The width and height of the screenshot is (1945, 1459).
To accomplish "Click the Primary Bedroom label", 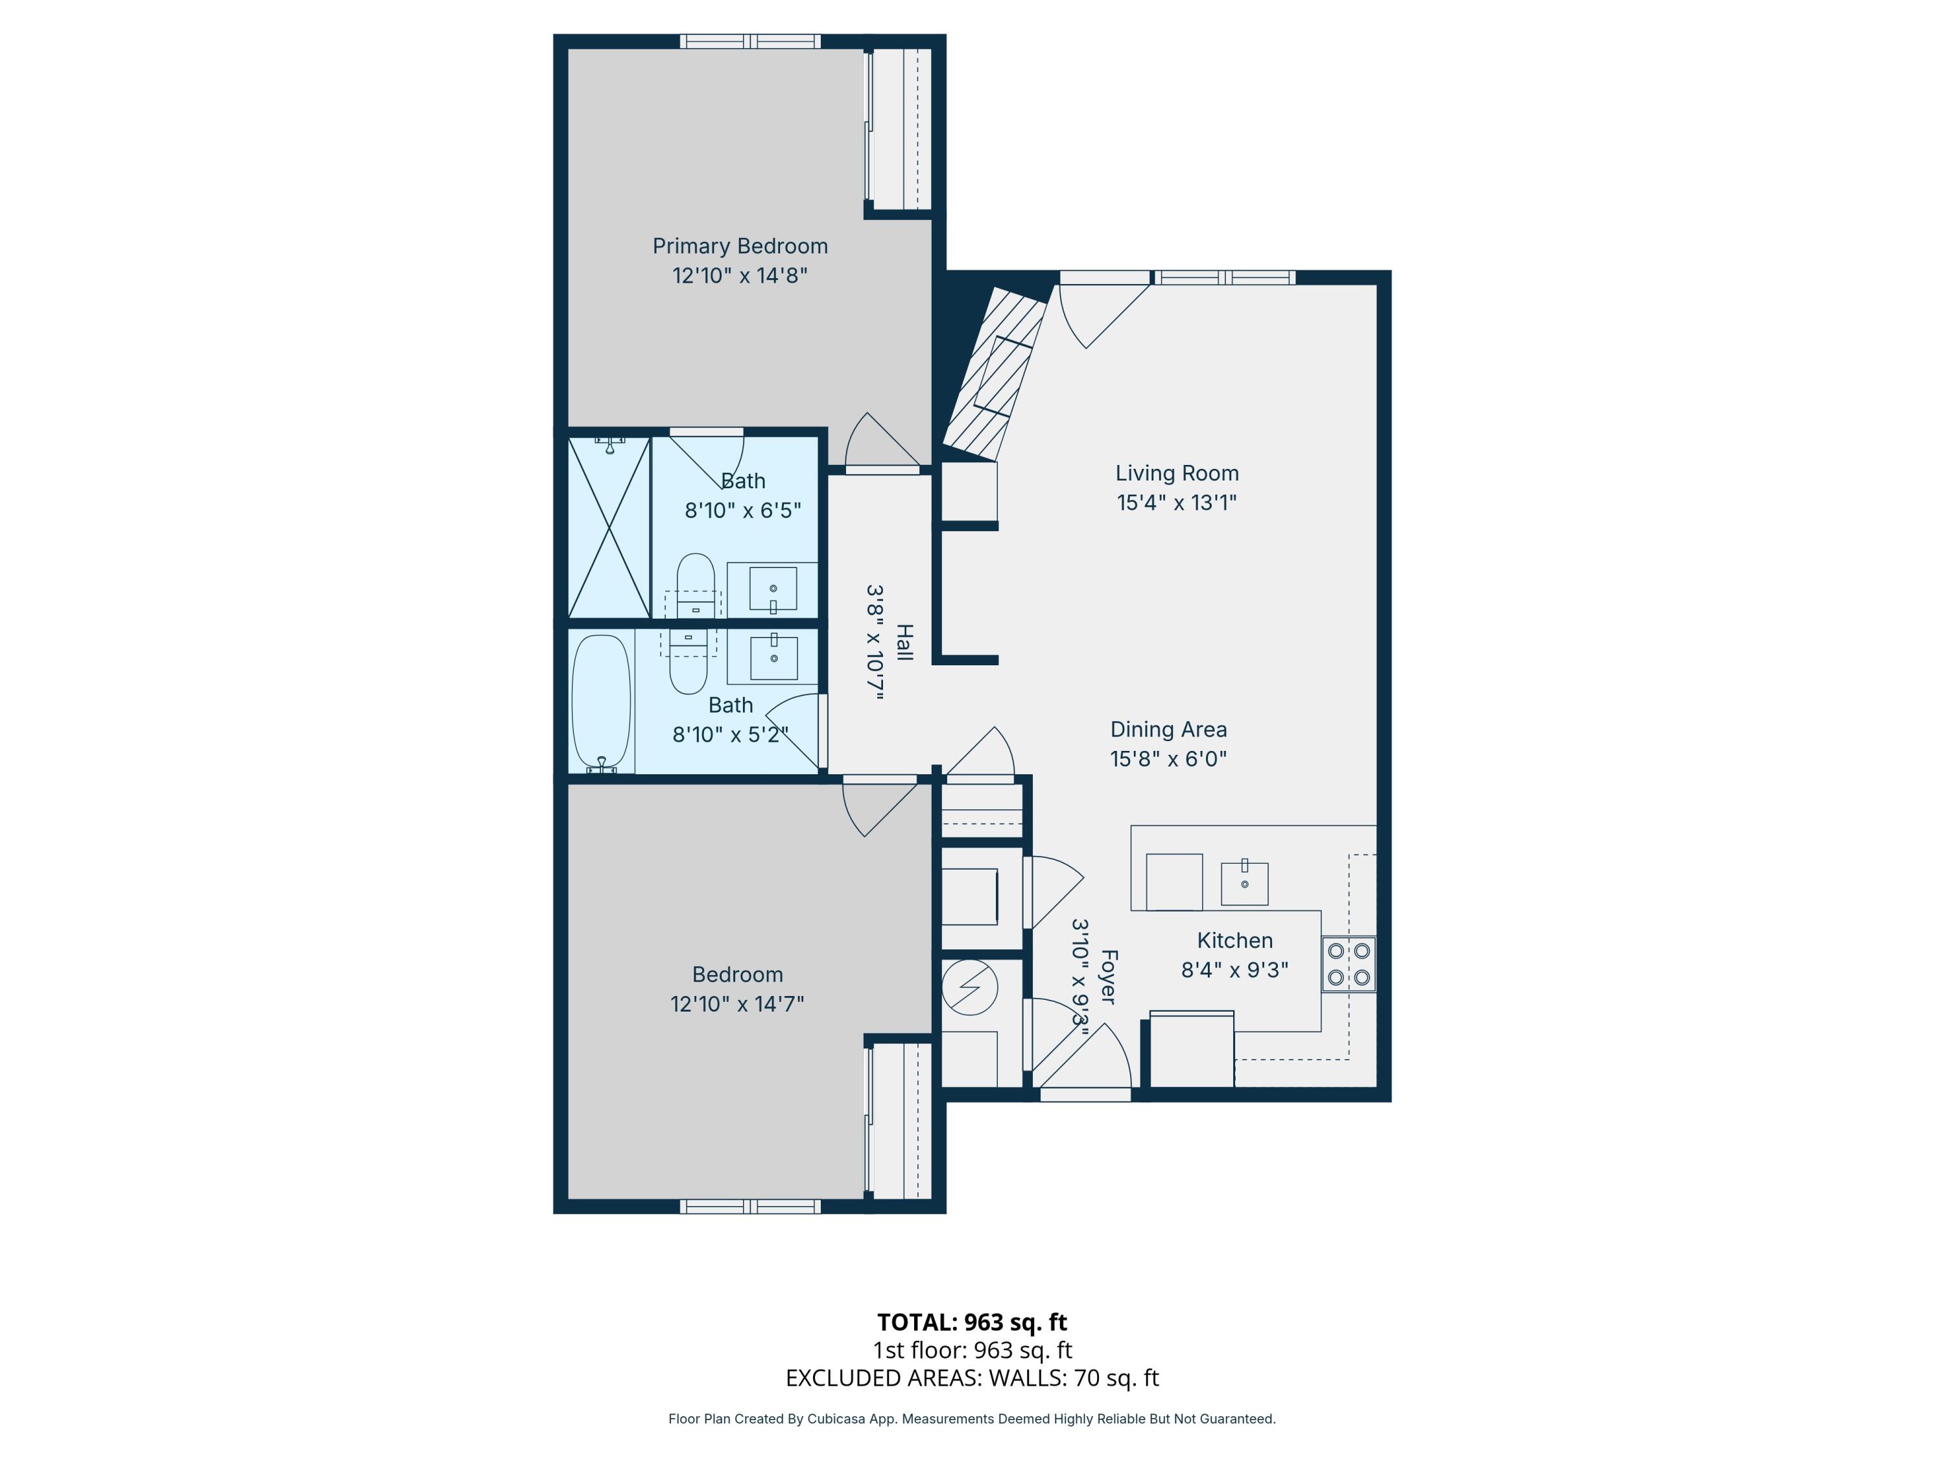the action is click(740, 246).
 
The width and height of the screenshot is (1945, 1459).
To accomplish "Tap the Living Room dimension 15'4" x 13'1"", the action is click(1177, 502).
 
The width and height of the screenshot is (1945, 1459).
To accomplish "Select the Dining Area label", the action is click(1168, 729).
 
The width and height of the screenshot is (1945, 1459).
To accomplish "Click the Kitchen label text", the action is click(1234, 940).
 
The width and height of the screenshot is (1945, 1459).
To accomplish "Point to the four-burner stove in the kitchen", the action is click(1349, 964).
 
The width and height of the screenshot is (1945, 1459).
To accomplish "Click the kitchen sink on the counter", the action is click(1244, 883).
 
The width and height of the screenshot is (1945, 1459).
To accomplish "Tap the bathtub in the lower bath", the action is click(602, 703).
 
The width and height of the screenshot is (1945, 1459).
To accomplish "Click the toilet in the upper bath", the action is click(696, 585).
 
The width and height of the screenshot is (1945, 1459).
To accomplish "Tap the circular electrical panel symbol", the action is click(969, 988).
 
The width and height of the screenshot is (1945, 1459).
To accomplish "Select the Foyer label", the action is click(1108, 976).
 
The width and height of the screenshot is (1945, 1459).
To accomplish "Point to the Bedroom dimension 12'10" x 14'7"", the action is click(737, 1003).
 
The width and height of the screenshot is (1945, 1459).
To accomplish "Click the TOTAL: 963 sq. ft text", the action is click(972, 1322).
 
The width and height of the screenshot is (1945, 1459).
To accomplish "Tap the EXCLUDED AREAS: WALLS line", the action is click(972, 1377).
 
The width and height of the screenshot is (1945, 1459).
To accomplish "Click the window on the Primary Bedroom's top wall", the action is click(750, 42).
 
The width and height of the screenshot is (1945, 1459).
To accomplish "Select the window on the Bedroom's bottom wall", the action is click(750, 1207).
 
